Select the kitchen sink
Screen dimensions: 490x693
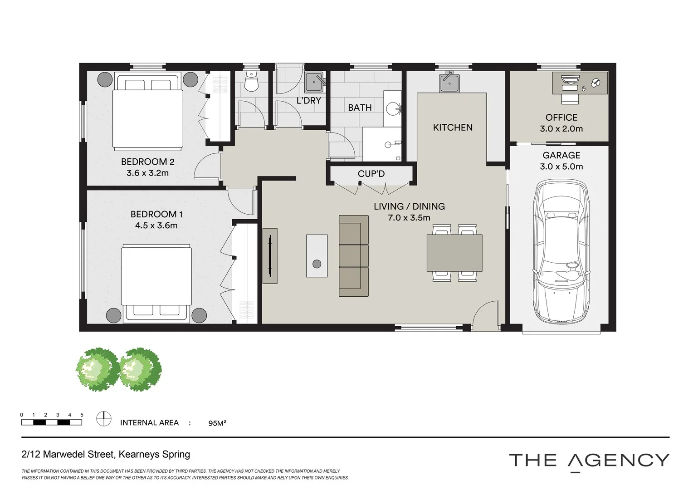pyautogui.click(x=449, y=83)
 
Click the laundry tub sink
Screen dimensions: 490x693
pyautogui.click(x=314, y=82)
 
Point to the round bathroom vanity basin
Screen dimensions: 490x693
pyautogui.click(x=392, y=108)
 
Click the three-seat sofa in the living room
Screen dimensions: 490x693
pyautogui.click(x=353, y=256)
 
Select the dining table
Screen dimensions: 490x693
pyautogui.click(x=454, y=253)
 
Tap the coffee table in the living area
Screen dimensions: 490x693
pyautogui.click(x=317, y=255)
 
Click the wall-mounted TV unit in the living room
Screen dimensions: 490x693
pyautogui.click(x=270, y=255)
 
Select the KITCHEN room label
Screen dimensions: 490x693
pyautogui.click(x=453, y=127)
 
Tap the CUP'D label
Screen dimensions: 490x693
pyautogui.click(x=371, y=174)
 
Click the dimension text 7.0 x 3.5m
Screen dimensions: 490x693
pyautogui.click(x=409, y=218)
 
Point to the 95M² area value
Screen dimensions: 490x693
pyautogui.click(x=217, y=423)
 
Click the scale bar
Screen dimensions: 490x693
pyautogui.click(x=51, y=422)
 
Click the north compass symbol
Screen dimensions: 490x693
pyautogui.click(x=104, y=418)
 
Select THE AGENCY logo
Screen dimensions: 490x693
pyautogui.click(x=589, y=461)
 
